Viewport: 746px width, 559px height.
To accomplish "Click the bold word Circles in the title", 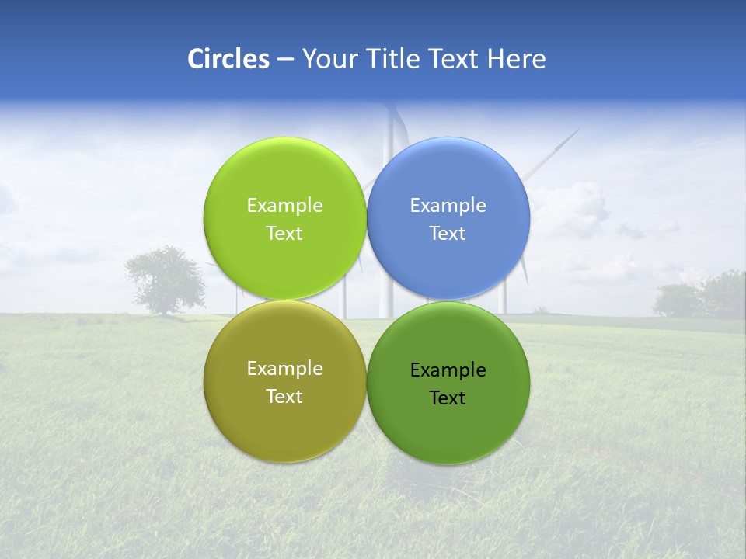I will (228, 59).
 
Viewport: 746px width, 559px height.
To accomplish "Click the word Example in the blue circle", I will (448, 206).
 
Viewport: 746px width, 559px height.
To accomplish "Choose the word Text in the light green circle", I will (284, 234).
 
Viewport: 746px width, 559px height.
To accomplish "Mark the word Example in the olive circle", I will (284, 369).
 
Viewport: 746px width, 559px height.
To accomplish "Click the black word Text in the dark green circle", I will (448, 398).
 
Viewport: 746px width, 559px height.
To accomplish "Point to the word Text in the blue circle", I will (448, 234).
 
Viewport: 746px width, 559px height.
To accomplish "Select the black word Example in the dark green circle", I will (448, 370).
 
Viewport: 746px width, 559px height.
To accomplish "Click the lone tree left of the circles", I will (166, 278).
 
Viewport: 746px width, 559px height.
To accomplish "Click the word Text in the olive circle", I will (284, 397).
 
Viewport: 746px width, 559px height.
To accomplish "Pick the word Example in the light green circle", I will (284, 206).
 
